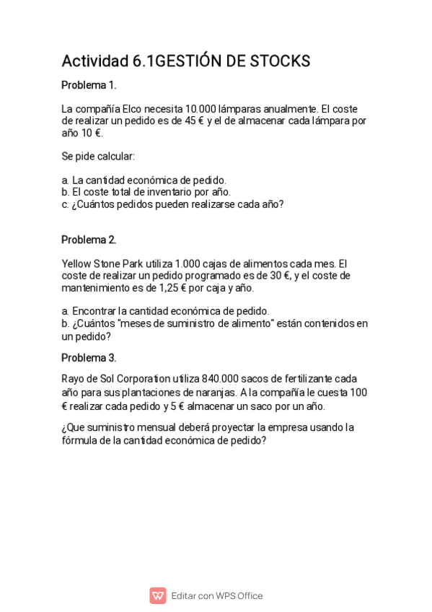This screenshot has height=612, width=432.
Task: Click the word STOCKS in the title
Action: tap(280, 61)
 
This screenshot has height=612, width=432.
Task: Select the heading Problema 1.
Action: tap(89, 85)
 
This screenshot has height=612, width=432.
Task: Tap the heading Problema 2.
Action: tap(89, 240)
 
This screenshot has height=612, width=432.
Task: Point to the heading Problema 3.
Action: tap(89, 358)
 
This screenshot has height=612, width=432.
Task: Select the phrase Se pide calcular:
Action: tap(98, 157)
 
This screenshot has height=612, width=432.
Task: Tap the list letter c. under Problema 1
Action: tap(65, 204)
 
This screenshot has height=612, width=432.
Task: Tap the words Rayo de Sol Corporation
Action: tap(116, 379)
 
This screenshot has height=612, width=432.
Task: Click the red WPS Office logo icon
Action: tap(157, 595)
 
